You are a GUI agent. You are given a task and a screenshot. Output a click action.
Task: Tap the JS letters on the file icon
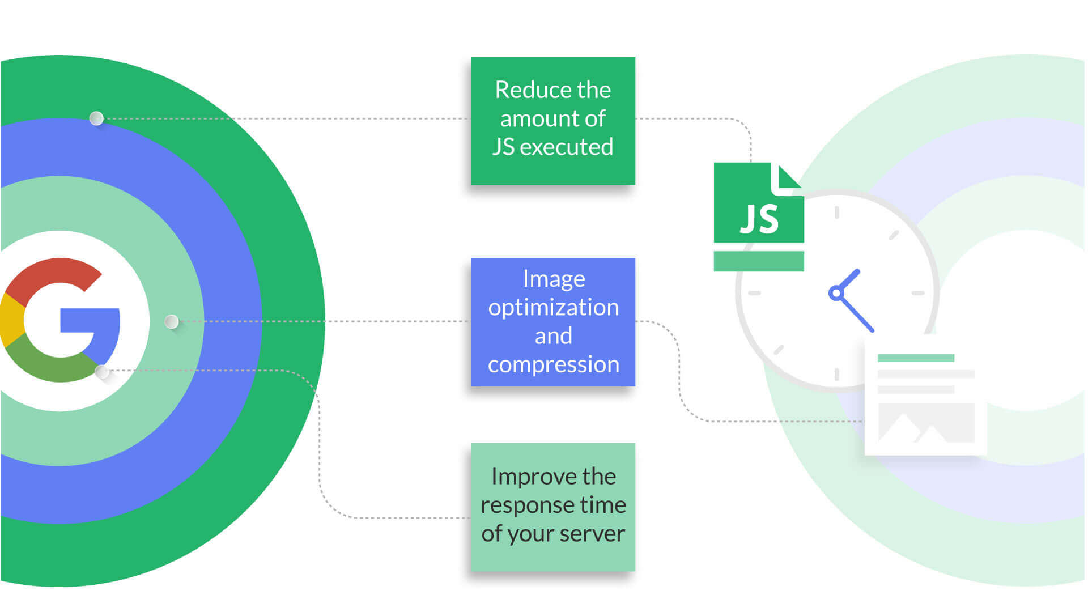click(x=759, y=219)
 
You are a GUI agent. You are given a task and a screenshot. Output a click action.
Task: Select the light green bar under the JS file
click(x=759, y=261)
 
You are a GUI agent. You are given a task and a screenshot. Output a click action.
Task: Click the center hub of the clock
click(x=836, y=293)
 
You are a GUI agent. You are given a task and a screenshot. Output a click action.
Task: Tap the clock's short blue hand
click(x=848, y=281)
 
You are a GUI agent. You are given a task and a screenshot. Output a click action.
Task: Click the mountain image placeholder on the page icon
click(x=926, y=423)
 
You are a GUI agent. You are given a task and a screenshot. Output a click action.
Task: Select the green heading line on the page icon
click(x=916, y=358)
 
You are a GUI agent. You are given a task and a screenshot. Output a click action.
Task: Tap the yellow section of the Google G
click(x=11, y=320)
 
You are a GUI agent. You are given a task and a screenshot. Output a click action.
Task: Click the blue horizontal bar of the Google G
click(x=90, y=320)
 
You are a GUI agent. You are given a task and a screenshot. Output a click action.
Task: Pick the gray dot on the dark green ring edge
click(x=96, y=118)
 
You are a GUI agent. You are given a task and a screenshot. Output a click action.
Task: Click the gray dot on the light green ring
click(x=172, y=322)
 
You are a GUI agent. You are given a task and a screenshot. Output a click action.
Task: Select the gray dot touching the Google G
click(x=102, y=372)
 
